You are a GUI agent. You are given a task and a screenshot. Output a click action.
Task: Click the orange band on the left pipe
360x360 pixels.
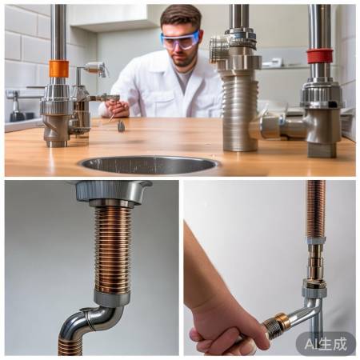[x=58, y=69]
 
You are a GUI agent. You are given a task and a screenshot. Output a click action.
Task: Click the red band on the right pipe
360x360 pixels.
[x=320, y=56]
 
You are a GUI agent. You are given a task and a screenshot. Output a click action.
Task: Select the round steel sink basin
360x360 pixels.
[x=150, y=165]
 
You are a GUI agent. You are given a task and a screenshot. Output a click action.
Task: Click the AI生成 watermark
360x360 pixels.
[x=326, y=344]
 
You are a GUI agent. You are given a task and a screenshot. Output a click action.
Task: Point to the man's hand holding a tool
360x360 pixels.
[x=114, y=108]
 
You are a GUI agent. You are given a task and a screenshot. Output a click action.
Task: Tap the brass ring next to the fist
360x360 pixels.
[x=283, y=321]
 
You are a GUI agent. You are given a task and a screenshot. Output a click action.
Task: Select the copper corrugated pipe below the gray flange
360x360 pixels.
[x=113, y=250]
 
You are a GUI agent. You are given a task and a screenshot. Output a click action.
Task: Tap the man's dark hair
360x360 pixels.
[x=182, y=16]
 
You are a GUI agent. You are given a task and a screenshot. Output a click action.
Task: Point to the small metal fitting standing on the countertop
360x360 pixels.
[x=121, y=126]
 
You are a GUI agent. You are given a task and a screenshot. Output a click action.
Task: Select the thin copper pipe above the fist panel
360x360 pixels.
[x=316, y=209]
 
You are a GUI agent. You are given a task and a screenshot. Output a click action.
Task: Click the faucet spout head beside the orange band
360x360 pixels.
[x=96, y=67]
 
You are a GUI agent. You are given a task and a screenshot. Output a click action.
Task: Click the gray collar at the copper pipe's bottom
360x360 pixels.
[x=112, y=298]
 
